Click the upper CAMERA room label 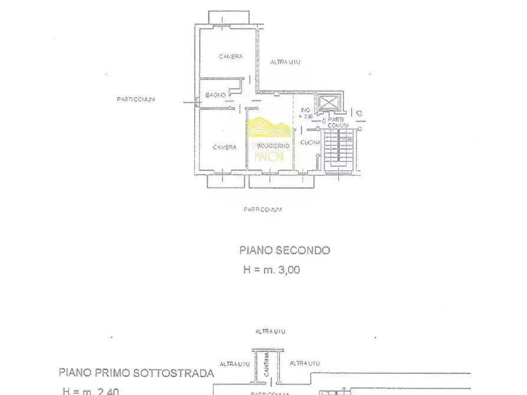click(x=230, y=57)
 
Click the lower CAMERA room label click(x=225, y=147)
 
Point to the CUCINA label click(x=310, y=143)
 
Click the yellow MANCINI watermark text click(x=269, y=156)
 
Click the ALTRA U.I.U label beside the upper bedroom click(x=286, y=62)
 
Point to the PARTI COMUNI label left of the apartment click(x=136, y=99)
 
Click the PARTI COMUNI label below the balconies click(x=263, y=209)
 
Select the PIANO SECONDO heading click(x=284, y=250)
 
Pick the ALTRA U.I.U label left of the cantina click(x=234, y=364)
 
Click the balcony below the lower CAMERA click(x=227, y=181)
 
